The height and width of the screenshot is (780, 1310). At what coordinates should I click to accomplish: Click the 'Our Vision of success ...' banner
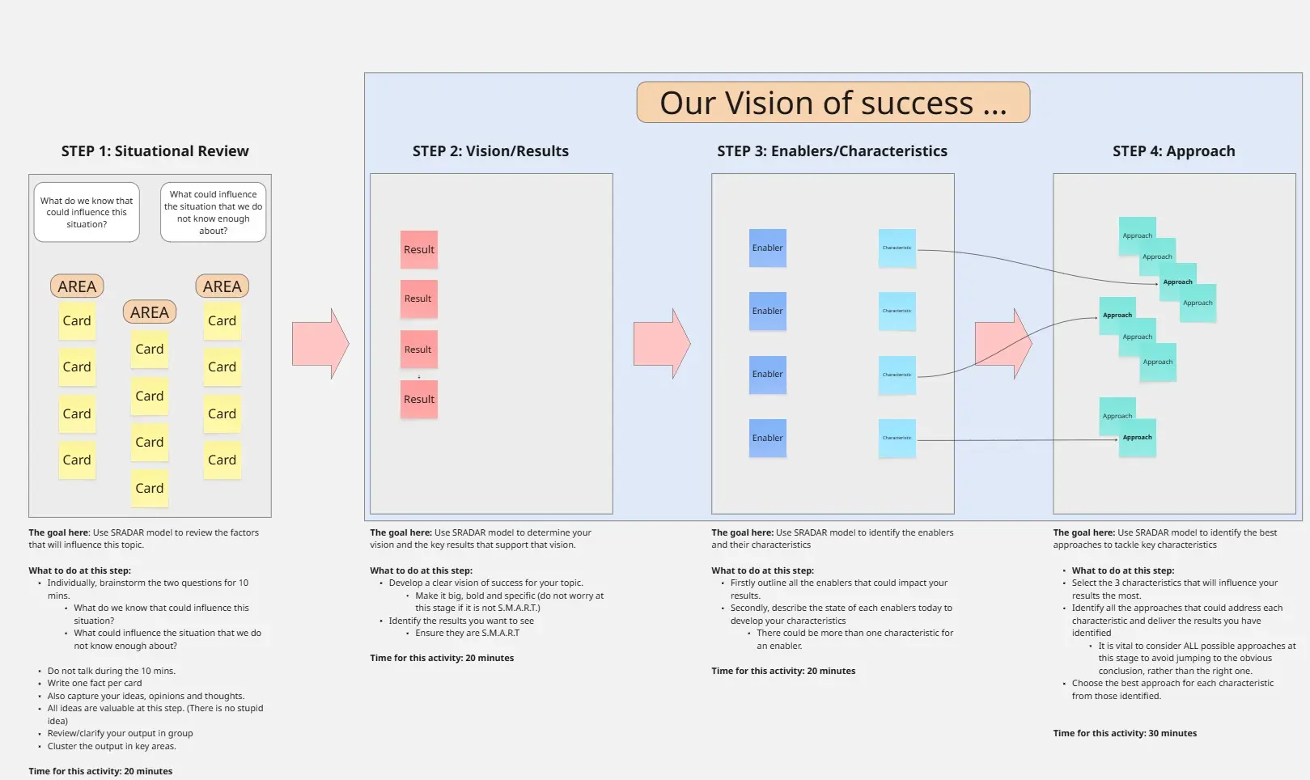pos(833,103)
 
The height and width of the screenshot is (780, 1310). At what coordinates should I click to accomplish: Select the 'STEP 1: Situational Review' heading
pos(155,151)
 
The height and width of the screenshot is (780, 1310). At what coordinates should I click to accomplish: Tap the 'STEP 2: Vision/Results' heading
pos(490,151)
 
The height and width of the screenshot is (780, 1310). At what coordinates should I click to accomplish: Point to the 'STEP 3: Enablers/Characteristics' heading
pos(832,151)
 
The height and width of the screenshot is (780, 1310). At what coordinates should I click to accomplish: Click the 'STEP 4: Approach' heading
pos(1173,151)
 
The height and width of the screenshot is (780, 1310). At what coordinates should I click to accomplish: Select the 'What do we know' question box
pos(87,213)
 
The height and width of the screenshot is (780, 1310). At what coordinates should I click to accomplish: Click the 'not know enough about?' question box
pos(213,213)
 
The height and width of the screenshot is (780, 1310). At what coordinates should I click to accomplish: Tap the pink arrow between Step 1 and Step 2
pos(320,344)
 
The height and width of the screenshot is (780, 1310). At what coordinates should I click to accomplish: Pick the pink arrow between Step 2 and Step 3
pos(662,344)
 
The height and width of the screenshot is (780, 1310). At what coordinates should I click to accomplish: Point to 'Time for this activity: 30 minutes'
pos(1125,734)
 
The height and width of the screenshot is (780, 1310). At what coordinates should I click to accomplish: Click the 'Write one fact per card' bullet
pos(95,684)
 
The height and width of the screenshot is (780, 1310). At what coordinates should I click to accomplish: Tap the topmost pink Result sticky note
pos(419,249)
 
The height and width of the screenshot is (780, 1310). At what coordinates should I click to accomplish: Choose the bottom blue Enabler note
pos(767,438)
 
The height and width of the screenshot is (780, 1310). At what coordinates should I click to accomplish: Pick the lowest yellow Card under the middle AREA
pos(150,488)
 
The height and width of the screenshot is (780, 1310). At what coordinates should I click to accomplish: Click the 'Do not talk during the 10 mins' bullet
pos(111,672)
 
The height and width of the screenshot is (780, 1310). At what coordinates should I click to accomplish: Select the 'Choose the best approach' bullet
pos(1172,684)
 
